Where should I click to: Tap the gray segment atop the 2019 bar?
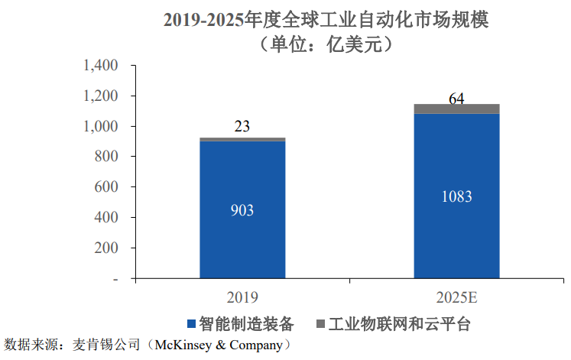242,139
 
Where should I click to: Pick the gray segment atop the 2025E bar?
456,109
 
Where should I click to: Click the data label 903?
242,210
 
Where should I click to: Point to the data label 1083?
456,196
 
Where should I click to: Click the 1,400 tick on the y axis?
99,66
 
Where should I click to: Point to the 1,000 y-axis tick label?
99,126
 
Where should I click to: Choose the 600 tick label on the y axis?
105,187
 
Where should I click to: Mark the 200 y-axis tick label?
105,248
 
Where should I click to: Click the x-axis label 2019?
242,297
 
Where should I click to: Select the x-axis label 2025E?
456,297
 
